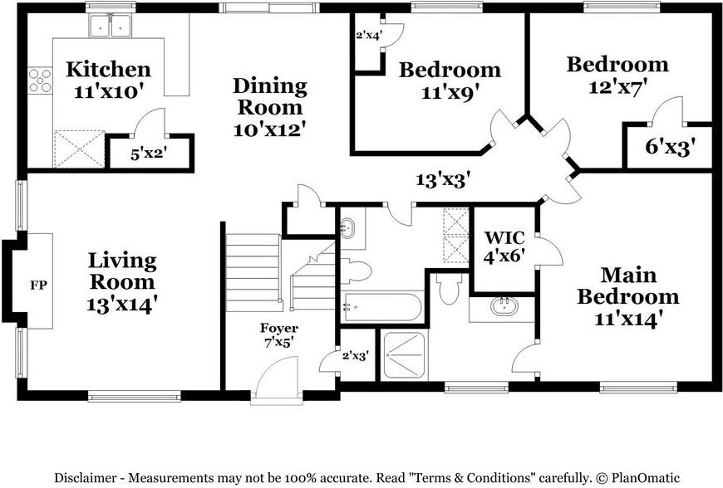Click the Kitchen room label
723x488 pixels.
point(108,70)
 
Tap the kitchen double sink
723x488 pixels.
point(111,26)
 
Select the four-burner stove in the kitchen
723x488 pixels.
point(40,81)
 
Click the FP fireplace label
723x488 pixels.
point(39,285)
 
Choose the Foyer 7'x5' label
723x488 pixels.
point(279,335)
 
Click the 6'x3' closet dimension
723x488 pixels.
point(670,147)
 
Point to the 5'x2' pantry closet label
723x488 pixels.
point(149,154)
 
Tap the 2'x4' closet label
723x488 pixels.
point(369,35)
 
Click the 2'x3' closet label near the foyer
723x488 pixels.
point(356,356)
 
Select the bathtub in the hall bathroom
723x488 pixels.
point(381,307)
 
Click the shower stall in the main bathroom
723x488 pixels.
point(405,355)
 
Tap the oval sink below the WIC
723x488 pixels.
point(504,306)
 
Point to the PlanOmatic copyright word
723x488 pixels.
point(646,477)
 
